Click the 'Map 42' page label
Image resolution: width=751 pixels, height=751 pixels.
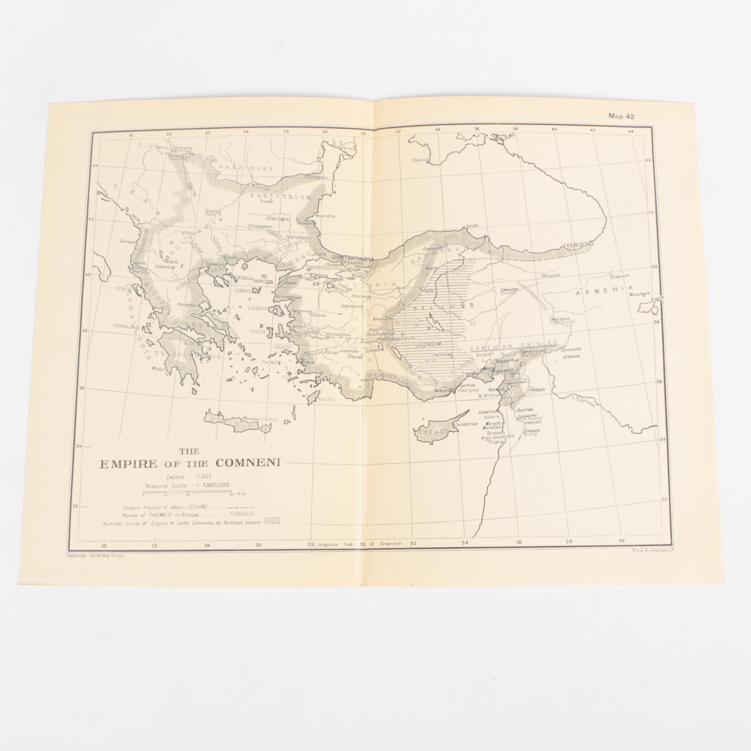(622, 116)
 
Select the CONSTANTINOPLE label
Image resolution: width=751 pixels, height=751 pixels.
(353, 258)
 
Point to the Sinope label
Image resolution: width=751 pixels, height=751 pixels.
(472, 226)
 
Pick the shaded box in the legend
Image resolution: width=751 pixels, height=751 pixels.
(272, 521)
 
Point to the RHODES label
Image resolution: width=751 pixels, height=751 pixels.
(326, 399)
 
